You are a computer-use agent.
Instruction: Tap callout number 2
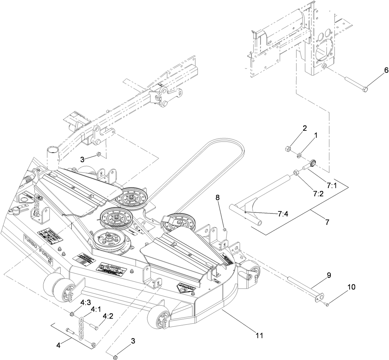305,128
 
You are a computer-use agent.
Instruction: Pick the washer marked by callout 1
299,155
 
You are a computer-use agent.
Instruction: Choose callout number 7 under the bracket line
327,222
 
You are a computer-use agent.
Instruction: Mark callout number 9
329,275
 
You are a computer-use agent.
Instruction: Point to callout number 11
259,335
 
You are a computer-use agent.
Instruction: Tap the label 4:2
108,316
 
